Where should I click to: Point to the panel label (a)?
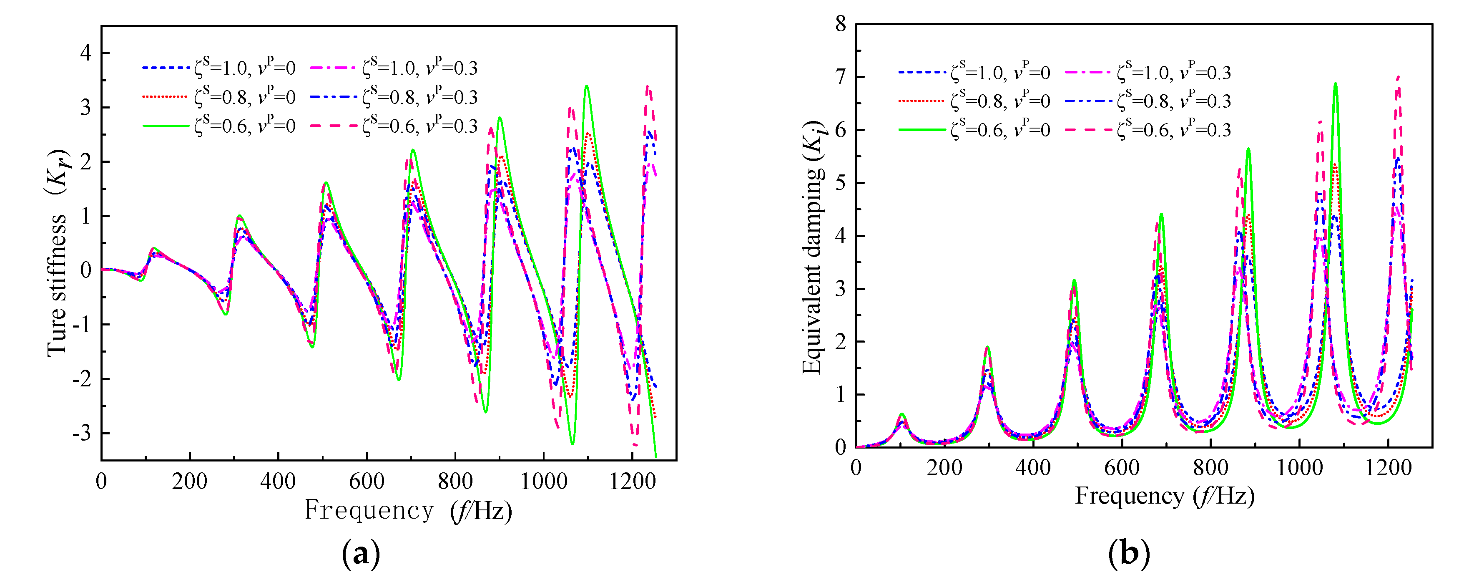tap(361, 554)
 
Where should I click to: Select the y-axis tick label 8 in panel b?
tap(841, 24)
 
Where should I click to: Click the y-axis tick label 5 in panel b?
tap(841, 183)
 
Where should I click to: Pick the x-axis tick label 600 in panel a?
tap(366, 481)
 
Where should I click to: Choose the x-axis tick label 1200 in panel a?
tap(632, 481)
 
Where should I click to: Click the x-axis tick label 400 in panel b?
tap(1033, 468)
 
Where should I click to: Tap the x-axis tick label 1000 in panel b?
tap(1299, 468)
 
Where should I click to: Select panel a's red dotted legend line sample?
tap(166, 97)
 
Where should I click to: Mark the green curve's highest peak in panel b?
tap(1336, 84)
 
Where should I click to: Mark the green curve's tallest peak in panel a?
tap(587, 86)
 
